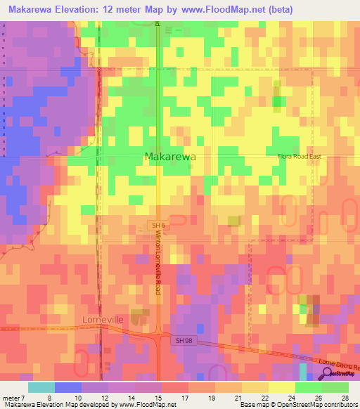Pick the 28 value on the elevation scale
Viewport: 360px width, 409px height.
pos(345,398)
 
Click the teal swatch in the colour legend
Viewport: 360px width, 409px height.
pos(41,387)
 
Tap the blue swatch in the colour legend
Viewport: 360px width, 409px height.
pos(68,387)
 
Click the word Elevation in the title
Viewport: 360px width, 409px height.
pos(84,10)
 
